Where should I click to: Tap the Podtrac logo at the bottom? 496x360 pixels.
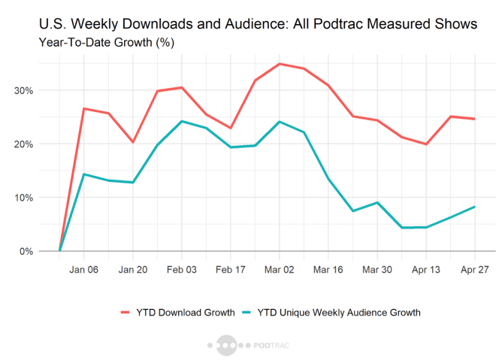[247, 347]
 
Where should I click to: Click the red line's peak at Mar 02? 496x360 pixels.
[280, 64]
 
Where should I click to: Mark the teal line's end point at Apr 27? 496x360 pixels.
[475, 207]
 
